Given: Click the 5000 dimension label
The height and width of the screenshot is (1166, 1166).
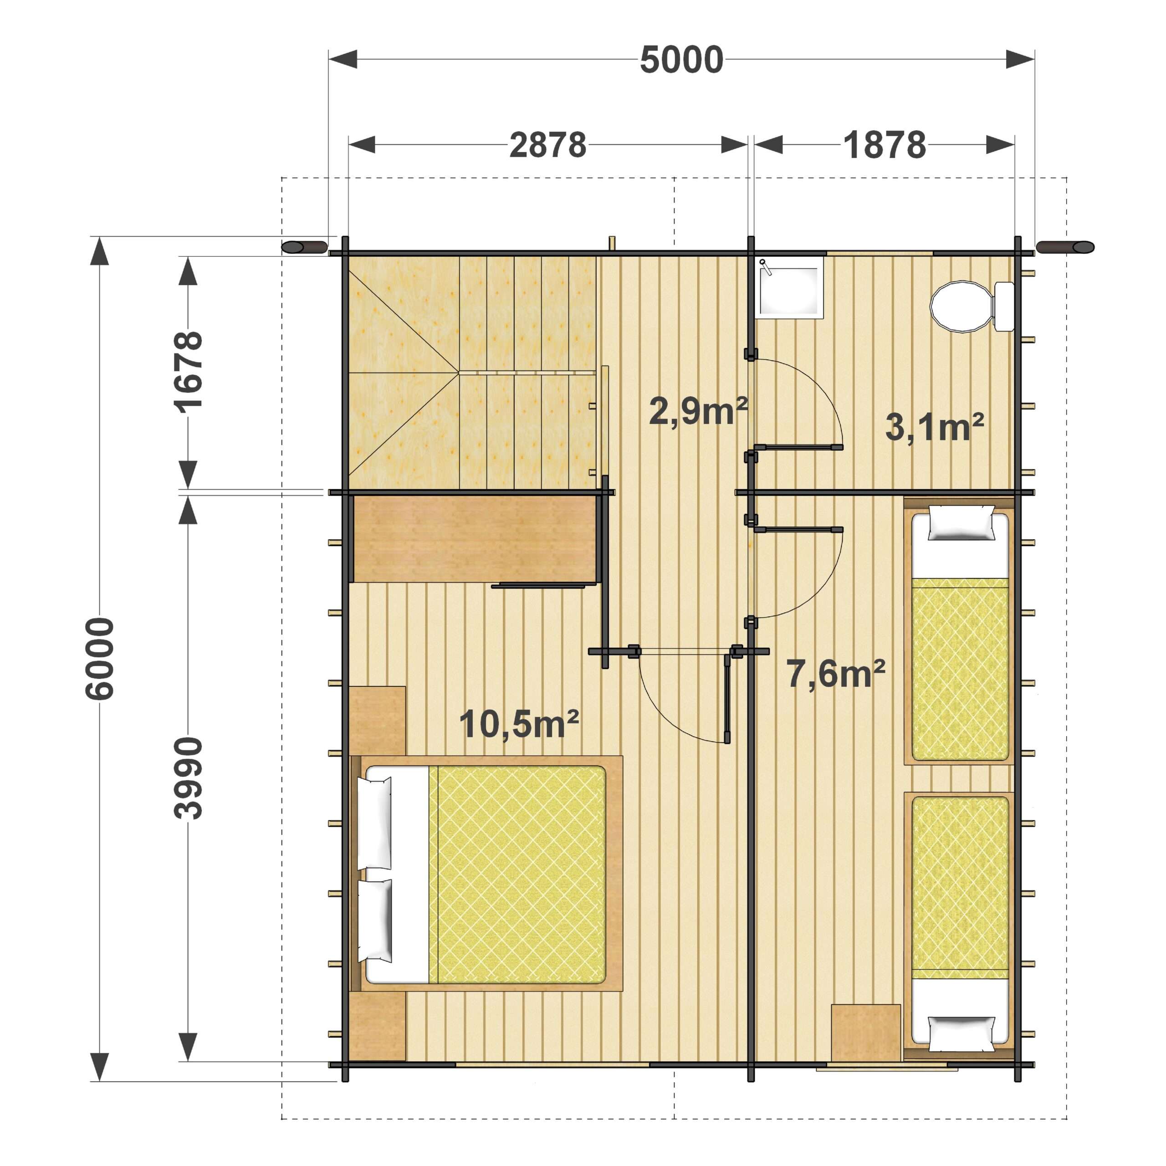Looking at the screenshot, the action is [x=681, y=60].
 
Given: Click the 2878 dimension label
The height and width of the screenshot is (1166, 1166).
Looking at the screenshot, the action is [x=547, y=145].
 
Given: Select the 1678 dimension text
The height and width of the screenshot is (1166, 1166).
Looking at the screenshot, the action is [x=188, y=373].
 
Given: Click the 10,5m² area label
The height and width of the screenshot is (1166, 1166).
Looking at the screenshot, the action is [x=519, y=724].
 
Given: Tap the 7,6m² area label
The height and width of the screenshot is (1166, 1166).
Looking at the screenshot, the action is [x=836, y=674].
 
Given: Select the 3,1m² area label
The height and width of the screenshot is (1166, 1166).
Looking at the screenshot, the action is [x=934, y=427].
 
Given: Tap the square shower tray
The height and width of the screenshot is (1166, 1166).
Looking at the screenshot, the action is [x=789, y=286].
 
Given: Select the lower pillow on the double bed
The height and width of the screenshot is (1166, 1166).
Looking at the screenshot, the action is [x=375, y=921].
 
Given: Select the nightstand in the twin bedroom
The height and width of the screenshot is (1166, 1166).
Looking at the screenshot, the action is [x=865, y=1032].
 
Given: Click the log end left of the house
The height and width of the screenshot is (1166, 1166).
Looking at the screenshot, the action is [x=304, y=247].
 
